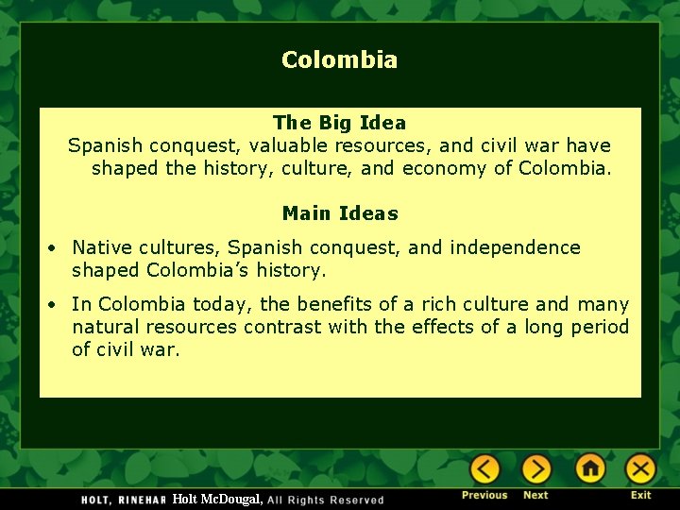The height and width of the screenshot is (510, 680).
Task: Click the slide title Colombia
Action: (x=339, y=60)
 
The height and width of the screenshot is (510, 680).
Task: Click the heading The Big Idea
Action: (x=339, y=123)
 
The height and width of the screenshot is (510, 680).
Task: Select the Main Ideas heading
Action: (x=340, y=213)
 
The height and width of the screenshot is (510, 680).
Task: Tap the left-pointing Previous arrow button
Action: (x=484, y=468)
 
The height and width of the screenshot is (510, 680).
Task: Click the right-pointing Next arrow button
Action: (x=535, y=468)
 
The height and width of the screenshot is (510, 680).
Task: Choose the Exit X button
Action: (x=640, y=468)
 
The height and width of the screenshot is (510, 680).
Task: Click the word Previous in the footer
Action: (x=484, y=496)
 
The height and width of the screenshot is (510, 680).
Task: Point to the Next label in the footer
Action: (x=535, y=496)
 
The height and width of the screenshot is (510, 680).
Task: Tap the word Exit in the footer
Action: (x=641, y=496)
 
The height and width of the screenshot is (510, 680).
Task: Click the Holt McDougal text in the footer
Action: (x=217, y=499)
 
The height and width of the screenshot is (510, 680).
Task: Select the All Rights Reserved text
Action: (x=326, y=500)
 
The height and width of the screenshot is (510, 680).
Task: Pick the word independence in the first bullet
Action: (x=515, y=247)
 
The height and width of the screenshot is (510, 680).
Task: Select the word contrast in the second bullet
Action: (x=282, y=327)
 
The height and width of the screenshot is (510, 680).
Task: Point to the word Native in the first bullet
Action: (x=100, y=247)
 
